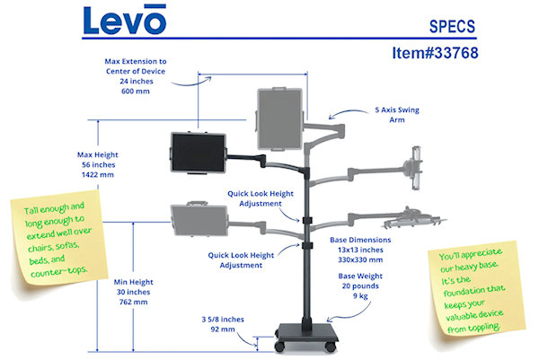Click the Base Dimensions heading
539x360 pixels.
(358, 241)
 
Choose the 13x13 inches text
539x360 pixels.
(359, 250)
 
